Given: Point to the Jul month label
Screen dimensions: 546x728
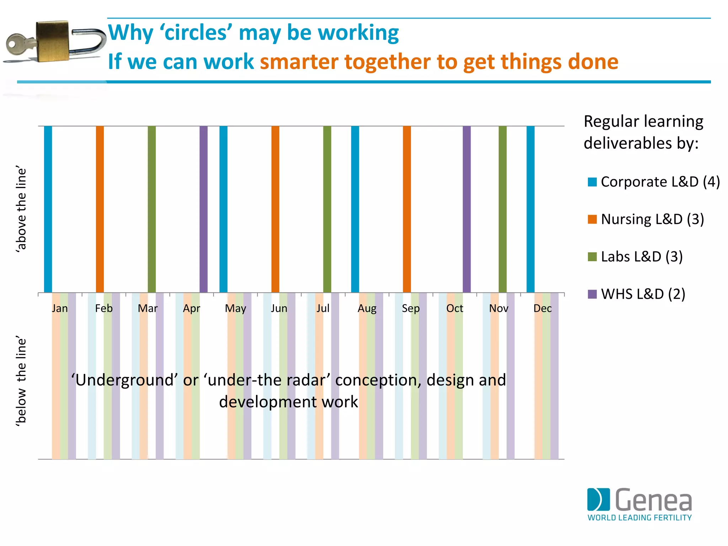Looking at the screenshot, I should point(323,308).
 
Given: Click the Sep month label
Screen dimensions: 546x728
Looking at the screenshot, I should point(411,308).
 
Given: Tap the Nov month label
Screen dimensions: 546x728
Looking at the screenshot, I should point(498,308).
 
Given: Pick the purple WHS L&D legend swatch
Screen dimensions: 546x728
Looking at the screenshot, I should point(592,294).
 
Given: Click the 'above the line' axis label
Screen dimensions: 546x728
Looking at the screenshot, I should point(21,209).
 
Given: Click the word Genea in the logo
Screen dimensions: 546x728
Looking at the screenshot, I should point(653,500).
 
